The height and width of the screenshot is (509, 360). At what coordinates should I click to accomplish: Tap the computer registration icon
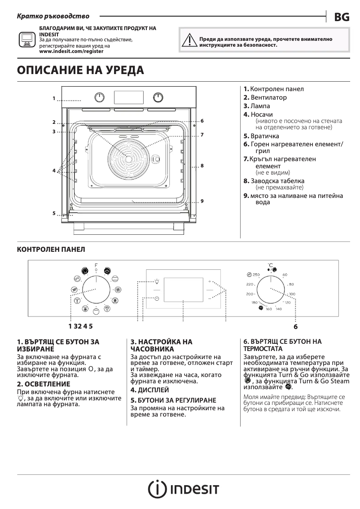(26, 39)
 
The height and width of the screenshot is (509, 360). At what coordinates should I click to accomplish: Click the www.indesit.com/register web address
(71, 52)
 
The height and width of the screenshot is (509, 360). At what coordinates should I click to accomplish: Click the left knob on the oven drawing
(100, 97)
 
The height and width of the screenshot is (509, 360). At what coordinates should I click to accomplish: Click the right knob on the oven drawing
(158, 97)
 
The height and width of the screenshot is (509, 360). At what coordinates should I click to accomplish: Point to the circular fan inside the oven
(129, 158)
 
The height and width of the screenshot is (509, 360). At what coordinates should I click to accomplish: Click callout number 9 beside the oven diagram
(202, 201)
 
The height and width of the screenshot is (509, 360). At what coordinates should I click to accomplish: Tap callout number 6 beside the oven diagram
(202, 121)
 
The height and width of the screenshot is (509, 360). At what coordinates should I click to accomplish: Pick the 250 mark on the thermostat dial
(256, 275)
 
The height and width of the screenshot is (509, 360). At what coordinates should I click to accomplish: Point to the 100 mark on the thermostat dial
(292, 294)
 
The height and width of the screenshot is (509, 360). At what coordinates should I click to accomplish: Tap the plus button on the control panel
(209, 281)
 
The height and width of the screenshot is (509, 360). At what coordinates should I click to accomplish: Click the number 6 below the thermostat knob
(296, 327)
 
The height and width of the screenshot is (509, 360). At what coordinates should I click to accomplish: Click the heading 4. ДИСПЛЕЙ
(149, 390)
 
